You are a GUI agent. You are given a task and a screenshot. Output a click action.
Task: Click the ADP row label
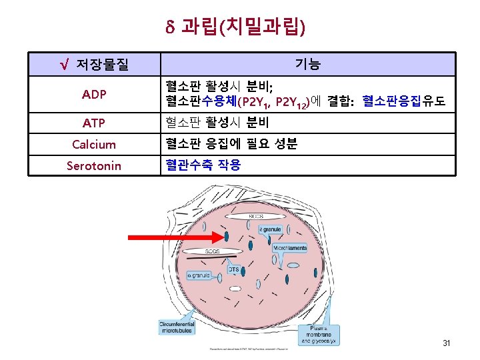[94, 95]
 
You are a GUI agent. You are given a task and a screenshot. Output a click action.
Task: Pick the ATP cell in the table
[94, 123]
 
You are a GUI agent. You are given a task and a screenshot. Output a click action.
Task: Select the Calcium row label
[94, 145]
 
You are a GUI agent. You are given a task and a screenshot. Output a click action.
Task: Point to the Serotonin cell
[94, 165]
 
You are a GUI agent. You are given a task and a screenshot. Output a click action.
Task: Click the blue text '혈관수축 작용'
[203, 165]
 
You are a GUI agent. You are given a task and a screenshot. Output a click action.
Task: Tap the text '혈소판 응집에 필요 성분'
[231, 144]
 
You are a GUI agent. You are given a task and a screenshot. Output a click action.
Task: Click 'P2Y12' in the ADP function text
[291, 102]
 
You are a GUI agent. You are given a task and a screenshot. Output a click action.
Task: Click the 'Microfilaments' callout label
[289, 248]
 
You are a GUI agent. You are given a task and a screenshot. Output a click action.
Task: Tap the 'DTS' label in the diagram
[234, 269]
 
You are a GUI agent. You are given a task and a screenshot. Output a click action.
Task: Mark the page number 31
[447, 344]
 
